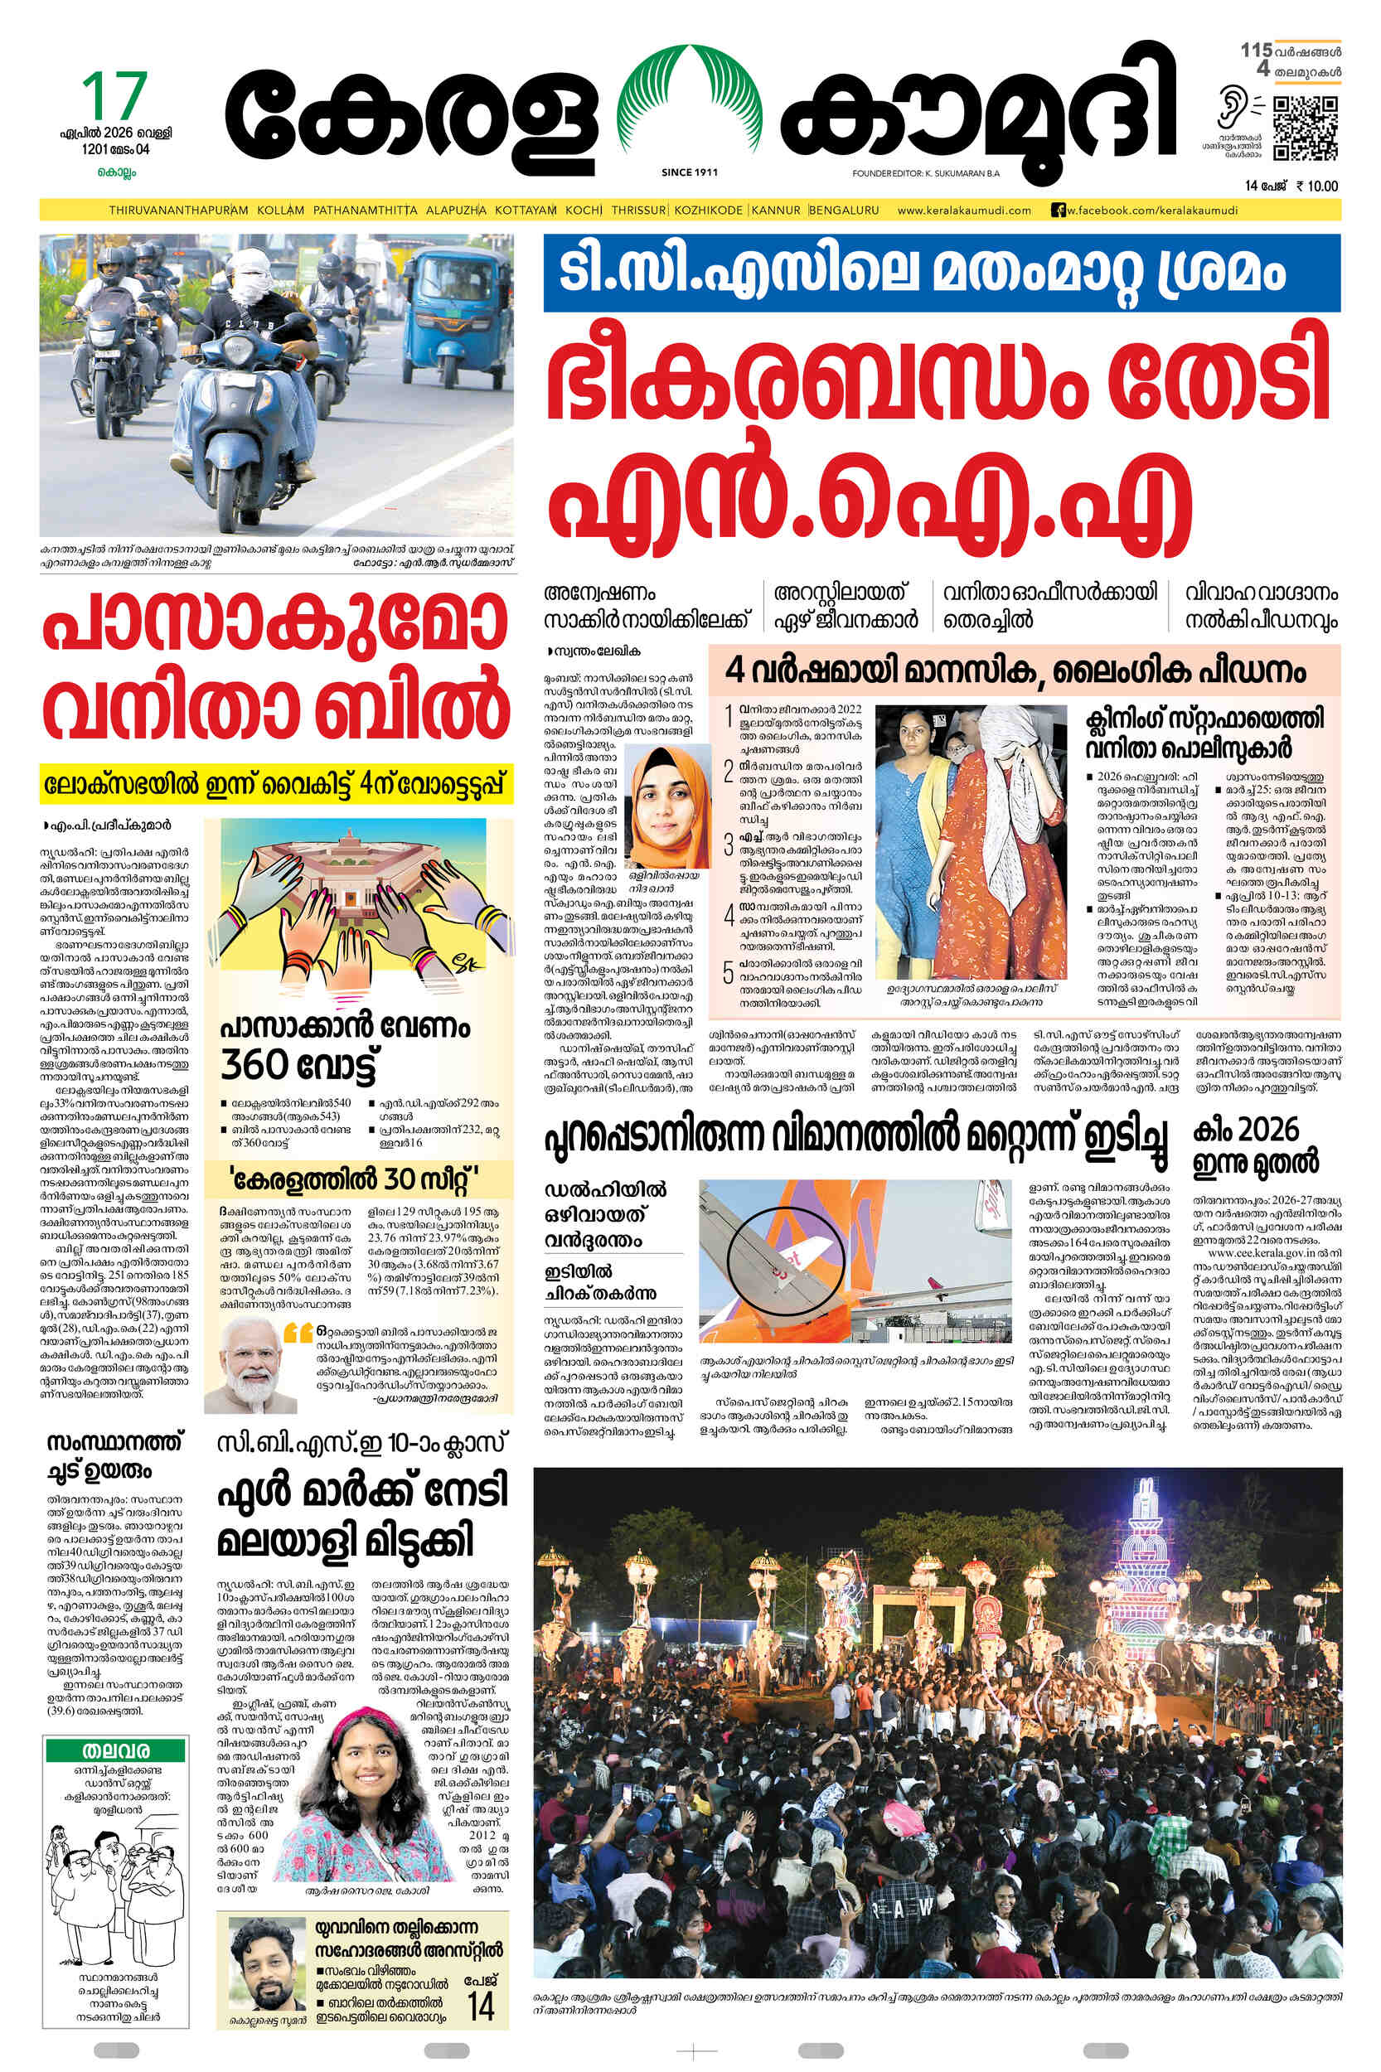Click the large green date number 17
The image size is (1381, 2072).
click(x=114, y=96)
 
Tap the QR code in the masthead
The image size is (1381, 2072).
click(x=1306, y=128)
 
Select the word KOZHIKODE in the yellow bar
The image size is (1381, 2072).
click(x=710, y=211)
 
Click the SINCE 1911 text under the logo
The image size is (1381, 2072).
click(x=689, y=172)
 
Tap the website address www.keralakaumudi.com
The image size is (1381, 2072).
click(x=963, y=211)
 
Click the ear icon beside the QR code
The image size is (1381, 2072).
click(x=1231, y=111)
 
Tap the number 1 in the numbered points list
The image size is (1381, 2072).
click(x=728, y=715)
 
